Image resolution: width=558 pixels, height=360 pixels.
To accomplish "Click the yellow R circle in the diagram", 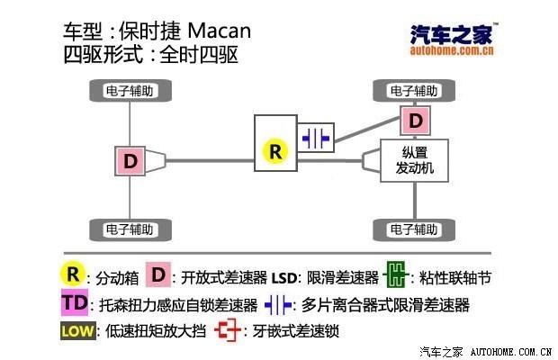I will (x=275, y=151).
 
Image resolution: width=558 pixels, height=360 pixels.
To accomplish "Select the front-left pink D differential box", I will (x=130, y=161).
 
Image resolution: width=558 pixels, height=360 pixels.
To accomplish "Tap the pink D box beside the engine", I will (x=414, y=120).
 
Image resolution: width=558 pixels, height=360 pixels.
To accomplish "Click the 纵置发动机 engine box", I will (x=415, y=160).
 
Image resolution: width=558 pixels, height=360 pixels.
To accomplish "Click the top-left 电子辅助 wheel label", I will (x=130, y=91).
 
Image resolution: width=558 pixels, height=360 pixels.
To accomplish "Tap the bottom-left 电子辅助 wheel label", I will (x=130, y=228).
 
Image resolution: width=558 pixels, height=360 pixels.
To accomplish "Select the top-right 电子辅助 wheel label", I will (x=415, y=91).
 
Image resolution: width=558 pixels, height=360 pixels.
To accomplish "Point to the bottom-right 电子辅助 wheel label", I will (x=415, y=228).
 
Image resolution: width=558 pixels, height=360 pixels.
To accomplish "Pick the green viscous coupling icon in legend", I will (x=393, y=274).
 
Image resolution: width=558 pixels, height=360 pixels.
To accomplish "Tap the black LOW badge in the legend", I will (x=76, y=330).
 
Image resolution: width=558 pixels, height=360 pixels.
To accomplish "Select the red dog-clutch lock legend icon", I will (x=229, y=330).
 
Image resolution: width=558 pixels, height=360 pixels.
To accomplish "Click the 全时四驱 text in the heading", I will (x=199, y=55).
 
